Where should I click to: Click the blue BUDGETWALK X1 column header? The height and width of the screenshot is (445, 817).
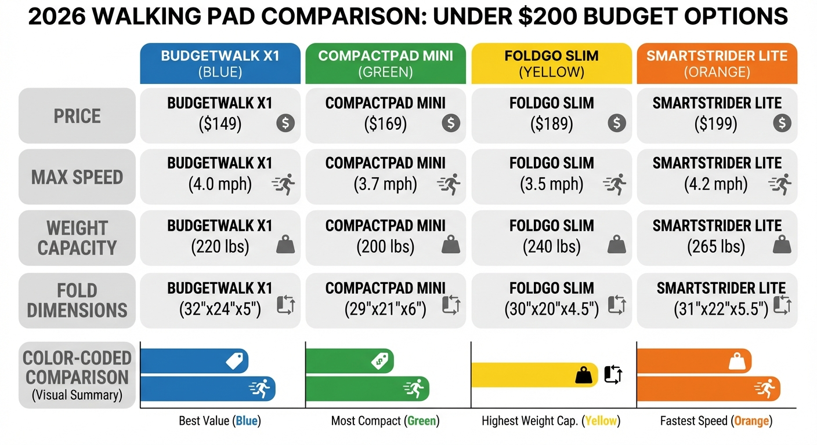(x=220, y=64)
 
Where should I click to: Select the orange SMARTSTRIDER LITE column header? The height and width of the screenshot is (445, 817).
(x=717, y=64)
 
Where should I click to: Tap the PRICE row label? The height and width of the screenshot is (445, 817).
(x=77, y=116)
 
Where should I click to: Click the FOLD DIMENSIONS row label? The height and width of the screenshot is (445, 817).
(x=77, y=300)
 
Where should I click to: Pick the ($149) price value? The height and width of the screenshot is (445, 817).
(x=219, y=123)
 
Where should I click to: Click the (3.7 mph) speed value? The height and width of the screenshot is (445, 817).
(x=385, y=185)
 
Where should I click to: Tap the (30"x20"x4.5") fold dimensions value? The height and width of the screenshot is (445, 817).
(x=551, y=309)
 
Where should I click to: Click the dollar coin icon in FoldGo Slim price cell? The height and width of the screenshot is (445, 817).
(x=617, y=123)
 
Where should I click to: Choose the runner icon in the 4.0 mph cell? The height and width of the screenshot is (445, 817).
(x=284, y=184)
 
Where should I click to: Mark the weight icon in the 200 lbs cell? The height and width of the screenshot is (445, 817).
(x=450, y=246)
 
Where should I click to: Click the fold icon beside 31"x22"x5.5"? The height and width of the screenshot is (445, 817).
(x=782, y=305)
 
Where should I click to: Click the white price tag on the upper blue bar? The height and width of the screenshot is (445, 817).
(x=234, y=362)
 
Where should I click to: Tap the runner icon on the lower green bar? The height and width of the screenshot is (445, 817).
(x=414, y=389)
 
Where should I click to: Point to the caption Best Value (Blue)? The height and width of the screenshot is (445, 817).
(x=219, y=421)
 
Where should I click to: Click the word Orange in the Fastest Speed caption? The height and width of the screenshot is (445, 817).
(x=751, y=421)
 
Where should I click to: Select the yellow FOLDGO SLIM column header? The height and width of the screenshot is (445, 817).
(x=551, y=64)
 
